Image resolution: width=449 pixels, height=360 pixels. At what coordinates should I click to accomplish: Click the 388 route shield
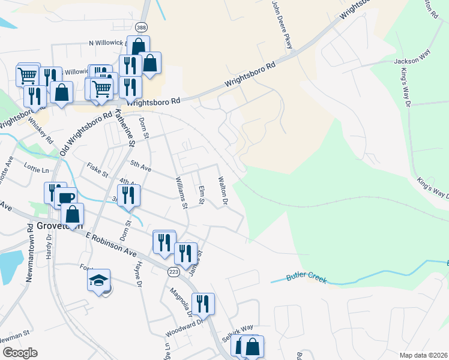point(140,28)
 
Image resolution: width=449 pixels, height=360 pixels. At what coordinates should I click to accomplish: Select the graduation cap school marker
point(98,281)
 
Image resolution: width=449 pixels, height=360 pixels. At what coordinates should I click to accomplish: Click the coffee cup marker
point(67,197)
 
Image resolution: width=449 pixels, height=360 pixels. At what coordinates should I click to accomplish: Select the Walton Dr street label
point(223,190)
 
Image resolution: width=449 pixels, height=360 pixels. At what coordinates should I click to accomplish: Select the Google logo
point(20,353)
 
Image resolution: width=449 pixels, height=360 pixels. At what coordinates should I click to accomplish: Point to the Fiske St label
point(97,169)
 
